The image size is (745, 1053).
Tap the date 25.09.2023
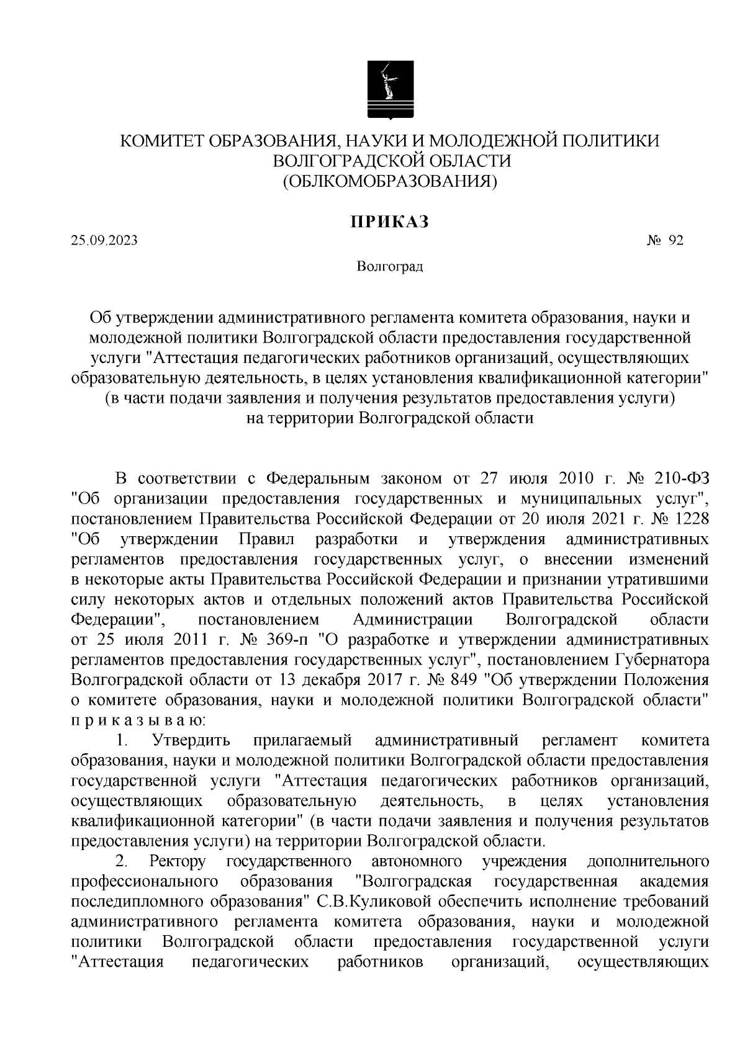point(104,241)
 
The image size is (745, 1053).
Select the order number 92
point(675,241)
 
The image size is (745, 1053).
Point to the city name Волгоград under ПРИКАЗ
point(390,267)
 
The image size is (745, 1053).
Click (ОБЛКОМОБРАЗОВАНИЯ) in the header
point(390,181)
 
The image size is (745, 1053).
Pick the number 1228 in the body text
point(692,517)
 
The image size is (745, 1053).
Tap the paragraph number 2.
point(122,861)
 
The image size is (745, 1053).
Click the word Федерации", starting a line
point(117,619)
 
